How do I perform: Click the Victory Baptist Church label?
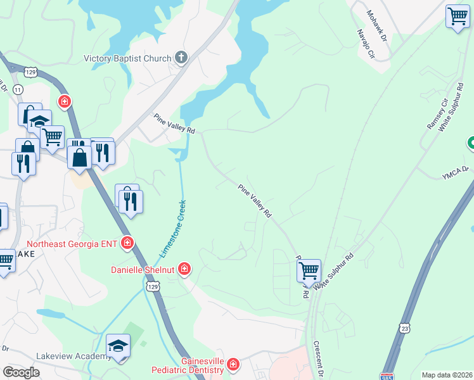[127, 59]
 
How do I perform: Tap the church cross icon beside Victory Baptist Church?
[181, 58]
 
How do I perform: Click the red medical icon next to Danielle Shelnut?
[184, 269]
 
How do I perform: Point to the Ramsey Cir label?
[437, 114]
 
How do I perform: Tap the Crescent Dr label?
[317, 358]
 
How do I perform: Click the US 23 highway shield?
[405, 327]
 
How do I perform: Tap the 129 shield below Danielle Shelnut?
[152, 287]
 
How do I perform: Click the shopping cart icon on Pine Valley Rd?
[309, 270]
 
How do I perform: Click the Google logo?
[21, 372]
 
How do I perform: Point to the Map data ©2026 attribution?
[447, 375]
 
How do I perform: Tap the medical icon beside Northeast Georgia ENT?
[127, 243]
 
